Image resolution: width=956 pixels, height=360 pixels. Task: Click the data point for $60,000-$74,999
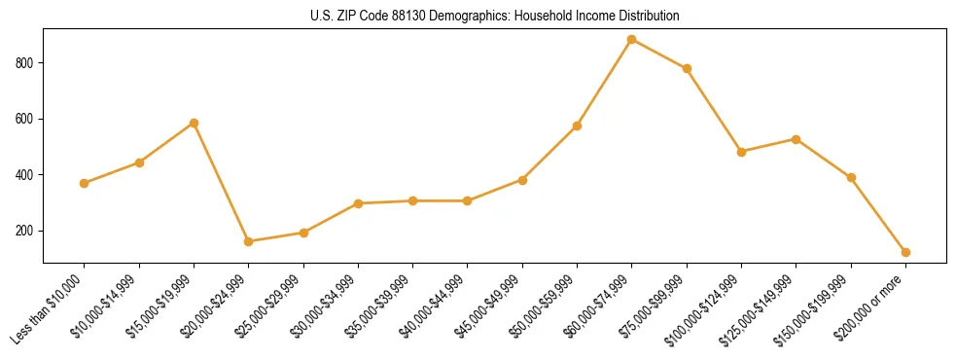[x=632, y=40]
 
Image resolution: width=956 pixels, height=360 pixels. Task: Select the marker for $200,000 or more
[x=905, y=252]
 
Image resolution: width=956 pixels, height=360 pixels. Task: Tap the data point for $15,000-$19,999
[x=194, y=123]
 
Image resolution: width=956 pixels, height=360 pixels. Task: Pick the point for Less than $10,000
[x=85, y=183]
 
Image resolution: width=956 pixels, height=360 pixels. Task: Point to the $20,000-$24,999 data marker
[x=249, y=241]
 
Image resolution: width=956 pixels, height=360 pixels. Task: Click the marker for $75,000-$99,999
[x=687, y=68]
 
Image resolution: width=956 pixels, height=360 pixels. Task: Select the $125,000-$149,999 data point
[x=797, y=139]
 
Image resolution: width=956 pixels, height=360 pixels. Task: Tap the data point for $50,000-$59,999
[x=577, y=126]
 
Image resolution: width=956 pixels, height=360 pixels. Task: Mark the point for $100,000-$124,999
[x=741, y=152]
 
